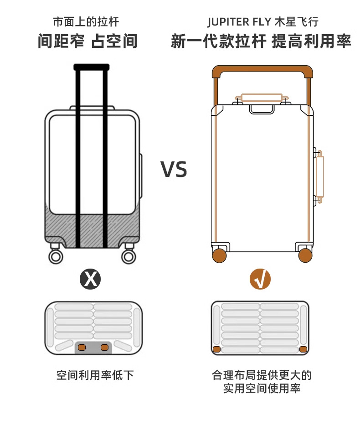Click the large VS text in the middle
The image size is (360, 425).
pyautogui.click(x=174, y=170)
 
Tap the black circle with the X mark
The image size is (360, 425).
pyautogui.click(x=91, y=279)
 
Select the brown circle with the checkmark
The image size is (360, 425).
pyautogui.click(x=260, y=279)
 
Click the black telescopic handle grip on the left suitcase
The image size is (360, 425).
pyautogui.click(x=91, y=67)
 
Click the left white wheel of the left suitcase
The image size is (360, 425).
pyautogui.click(x=56, y=256)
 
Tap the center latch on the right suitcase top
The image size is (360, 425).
pyautogui.click(x=262, y=109)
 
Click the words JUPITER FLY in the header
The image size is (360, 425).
pyautogui.click(x=240, y=22)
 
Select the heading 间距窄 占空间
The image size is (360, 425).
pyautogui.click(x=87, y=41)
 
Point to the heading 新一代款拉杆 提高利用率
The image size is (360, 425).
pyautogui.click(x=261, y=41)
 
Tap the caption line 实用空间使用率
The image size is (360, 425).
pyautogui.click(x=262, y=389)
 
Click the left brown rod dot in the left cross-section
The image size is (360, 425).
pyautogui.click(x=82, y=347)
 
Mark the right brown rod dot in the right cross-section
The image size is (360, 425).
pyautogui.click(x=303, y=349)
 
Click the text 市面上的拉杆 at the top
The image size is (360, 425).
pyautogui.click(x=86, y=22)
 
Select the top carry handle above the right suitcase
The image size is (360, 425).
pyautogui.click(x=262, y=98)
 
